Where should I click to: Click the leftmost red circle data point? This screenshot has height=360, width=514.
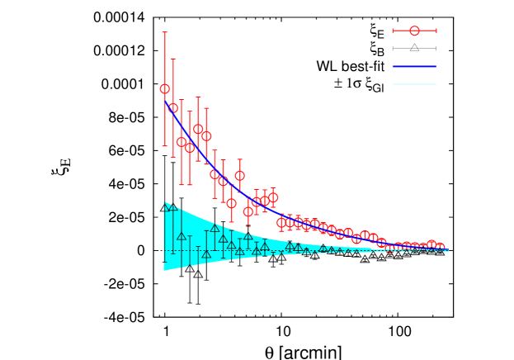point(164,88)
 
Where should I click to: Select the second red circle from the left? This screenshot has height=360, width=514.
point(172,108)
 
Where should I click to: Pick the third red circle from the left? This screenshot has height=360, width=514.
point(182,142)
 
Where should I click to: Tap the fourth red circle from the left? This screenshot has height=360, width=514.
point(190,147)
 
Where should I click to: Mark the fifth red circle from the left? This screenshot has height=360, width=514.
point(198,130)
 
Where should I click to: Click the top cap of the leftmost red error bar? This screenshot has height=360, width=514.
point(164,32)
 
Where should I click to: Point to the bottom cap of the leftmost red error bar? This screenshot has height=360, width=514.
point(164,145)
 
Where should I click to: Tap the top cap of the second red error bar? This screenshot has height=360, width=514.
point(172,59)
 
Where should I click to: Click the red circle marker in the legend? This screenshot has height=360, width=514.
point(414,31)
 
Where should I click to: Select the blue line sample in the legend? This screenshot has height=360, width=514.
point(414,66)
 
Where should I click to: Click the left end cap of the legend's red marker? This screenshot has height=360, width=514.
point(393,31)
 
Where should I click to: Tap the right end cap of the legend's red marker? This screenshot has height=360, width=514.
point(436,31)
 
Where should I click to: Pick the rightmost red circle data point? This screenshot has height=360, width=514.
point(439,248)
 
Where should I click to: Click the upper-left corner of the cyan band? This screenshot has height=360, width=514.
point(164,202)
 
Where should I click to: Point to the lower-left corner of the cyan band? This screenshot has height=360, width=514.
point(164,270)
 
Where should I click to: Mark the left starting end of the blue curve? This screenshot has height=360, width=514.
point(164,101)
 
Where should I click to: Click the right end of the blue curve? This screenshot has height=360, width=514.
point(448,249)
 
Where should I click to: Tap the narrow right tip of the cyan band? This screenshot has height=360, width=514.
point(447,250)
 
